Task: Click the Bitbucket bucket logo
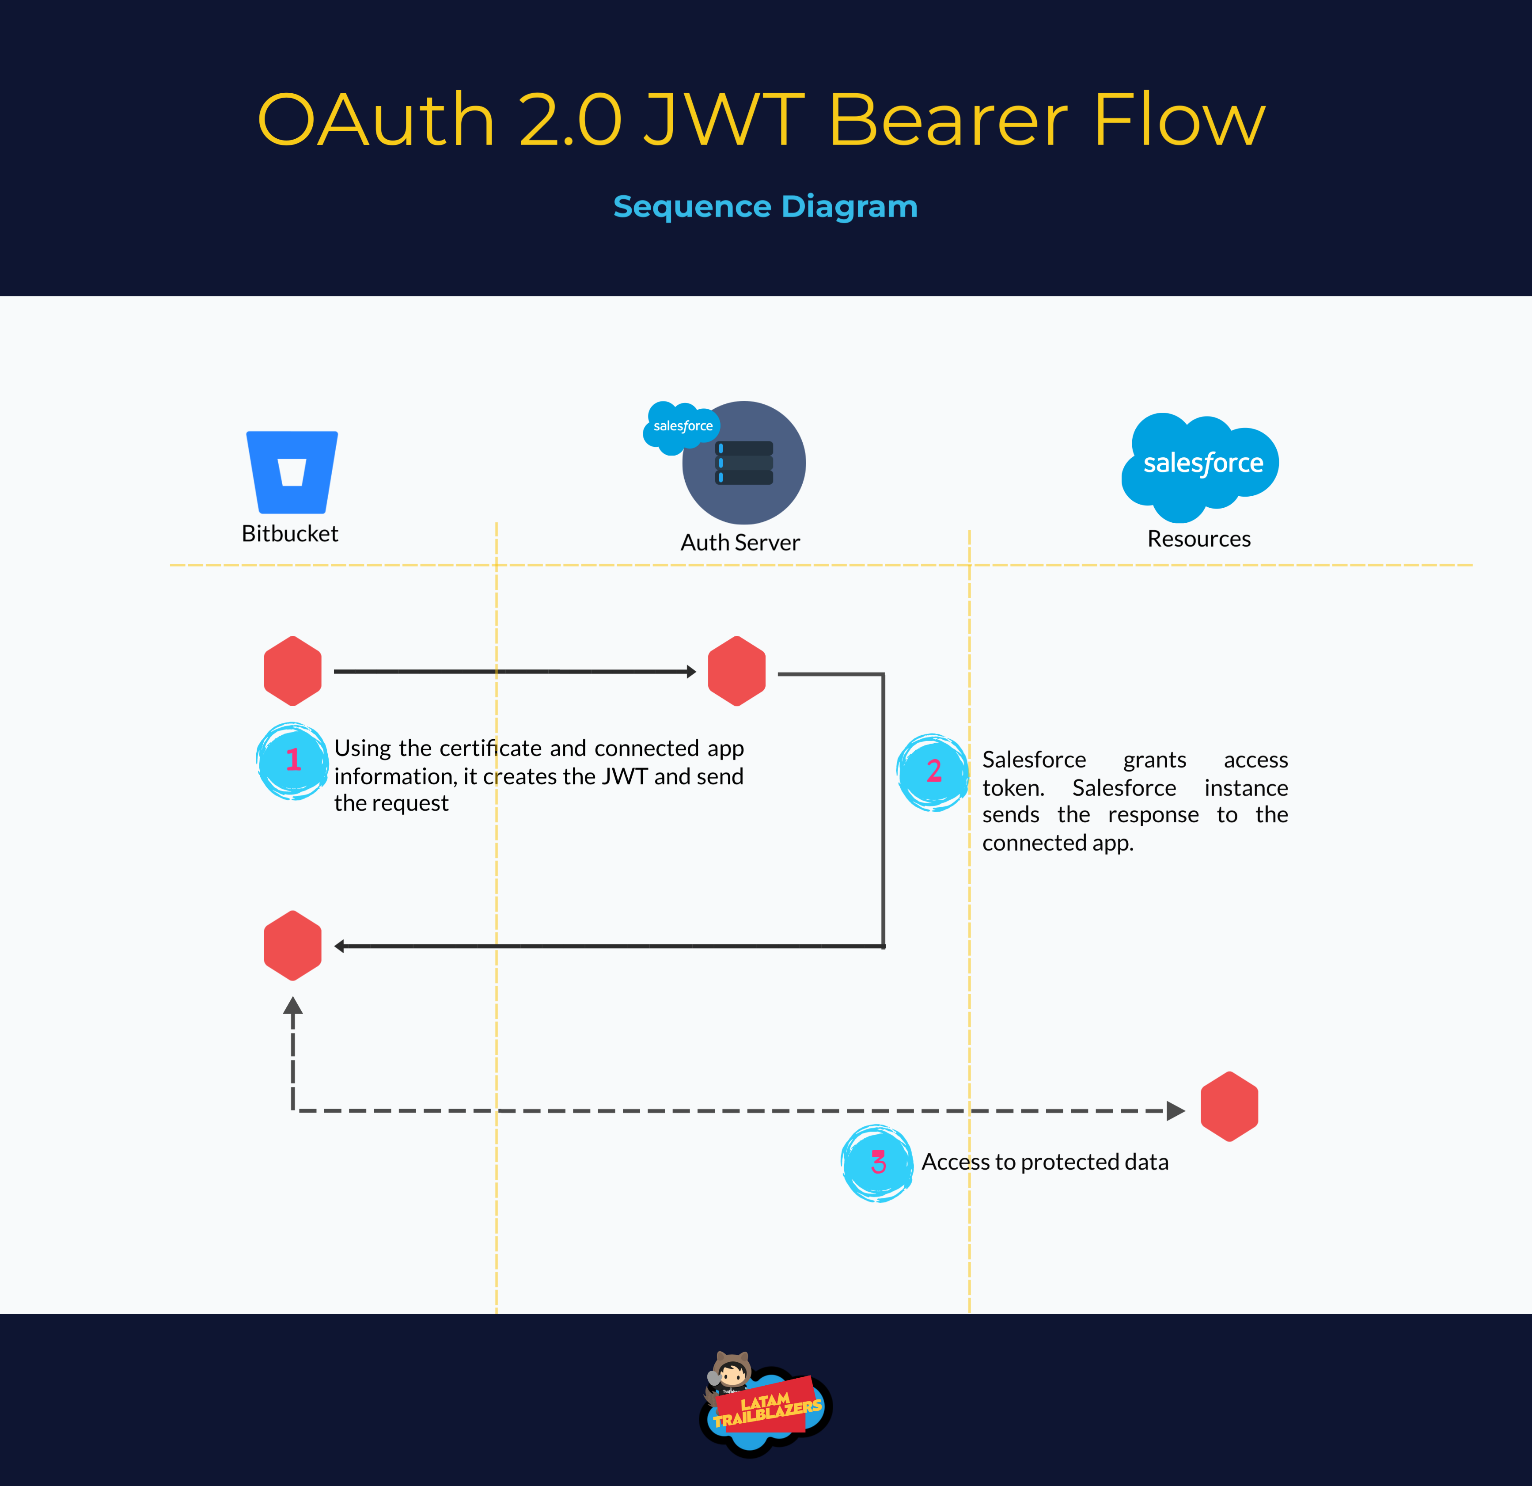[x=292, y=472]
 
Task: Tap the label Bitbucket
[x=290, y=533]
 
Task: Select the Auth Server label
[x=740, y=543]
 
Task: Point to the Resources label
[x=1199, y=539]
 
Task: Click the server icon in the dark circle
[x=744, y=463]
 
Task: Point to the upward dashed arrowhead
[x=293, y=1006]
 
